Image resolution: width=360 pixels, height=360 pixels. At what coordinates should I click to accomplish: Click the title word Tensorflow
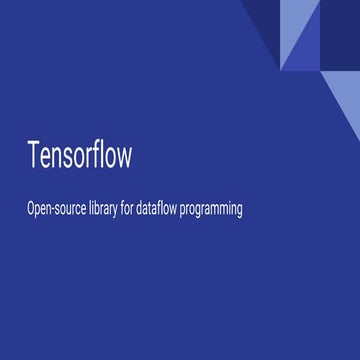pyautogui.click(x=79, y=157)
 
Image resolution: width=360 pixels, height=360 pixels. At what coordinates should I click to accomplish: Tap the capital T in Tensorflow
pyautogui.click(x=34, y=157)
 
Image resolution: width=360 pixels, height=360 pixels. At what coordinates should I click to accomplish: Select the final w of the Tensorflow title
pyautogui.click(x=124, y=159)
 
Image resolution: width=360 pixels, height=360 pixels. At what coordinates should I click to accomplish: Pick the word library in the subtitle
pyautogui.click(x=113, y=211)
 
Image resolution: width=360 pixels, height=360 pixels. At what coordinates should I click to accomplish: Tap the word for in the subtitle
pyautogui.click(x=144, y=210)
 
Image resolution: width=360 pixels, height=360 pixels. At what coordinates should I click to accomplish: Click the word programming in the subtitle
pyautogui.click(x=239, y=212)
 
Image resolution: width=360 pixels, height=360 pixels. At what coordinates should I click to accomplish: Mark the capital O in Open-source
pyautogui.click(x=32, y=210)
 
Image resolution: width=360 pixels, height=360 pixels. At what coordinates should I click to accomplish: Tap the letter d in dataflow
pyautogui.click(x=161, y=210)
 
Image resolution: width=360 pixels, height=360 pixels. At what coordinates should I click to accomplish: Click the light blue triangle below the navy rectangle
pyautogui.click(x=345, y=95)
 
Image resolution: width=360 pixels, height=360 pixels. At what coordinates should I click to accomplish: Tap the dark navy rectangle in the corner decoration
pyautogui.click(x=340, y=36)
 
